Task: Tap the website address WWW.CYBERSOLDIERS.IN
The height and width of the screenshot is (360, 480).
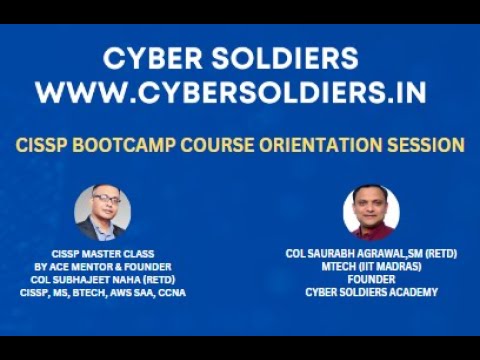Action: point(231,92)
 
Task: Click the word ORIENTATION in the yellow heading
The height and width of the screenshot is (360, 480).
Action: point(327,145)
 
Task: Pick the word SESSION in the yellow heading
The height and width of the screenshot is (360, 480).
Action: point(430,145)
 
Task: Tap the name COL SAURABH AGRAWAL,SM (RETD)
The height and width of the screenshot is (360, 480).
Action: point(371,254)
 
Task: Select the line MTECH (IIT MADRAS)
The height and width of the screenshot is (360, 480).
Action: point(371,267)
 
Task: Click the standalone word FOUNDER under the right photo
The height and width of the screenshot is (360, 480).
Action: point(371,280)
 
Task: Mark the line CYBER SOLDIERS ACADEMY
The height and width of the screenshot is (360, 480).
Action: point(371,293)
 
